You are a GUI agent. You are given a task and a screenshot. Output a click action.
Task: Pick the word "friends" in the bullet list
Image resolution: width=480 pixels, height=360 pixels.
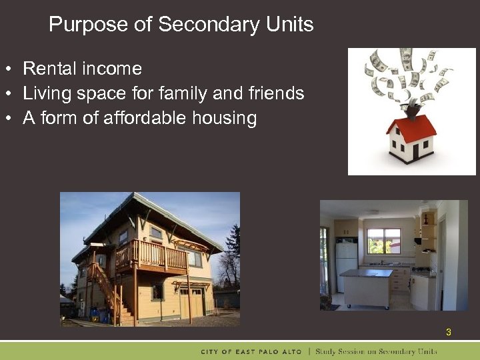[x=277, y=93]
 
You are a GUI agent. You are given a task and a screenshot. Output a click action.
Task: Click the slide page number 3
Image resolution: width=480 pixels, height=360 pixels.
[x=448, y=331]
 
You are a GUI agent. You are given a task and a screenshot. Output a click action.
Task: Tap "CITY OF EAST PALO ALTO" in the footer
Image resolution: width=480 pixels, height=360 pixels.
[x=251, y=351]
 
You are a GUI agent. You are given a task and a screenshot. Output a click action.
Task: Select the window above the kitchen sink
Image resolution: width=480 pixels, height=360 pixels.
[x=384, y=241]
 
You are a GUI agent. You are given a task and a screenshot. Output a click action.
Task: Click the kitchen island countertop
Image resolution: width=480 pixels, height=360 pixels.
[x=366, y=273]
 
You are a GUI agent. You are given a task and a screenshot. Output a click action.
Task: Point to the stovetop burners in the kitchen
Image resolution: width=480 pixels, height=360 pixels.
[x=421, y=270]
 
